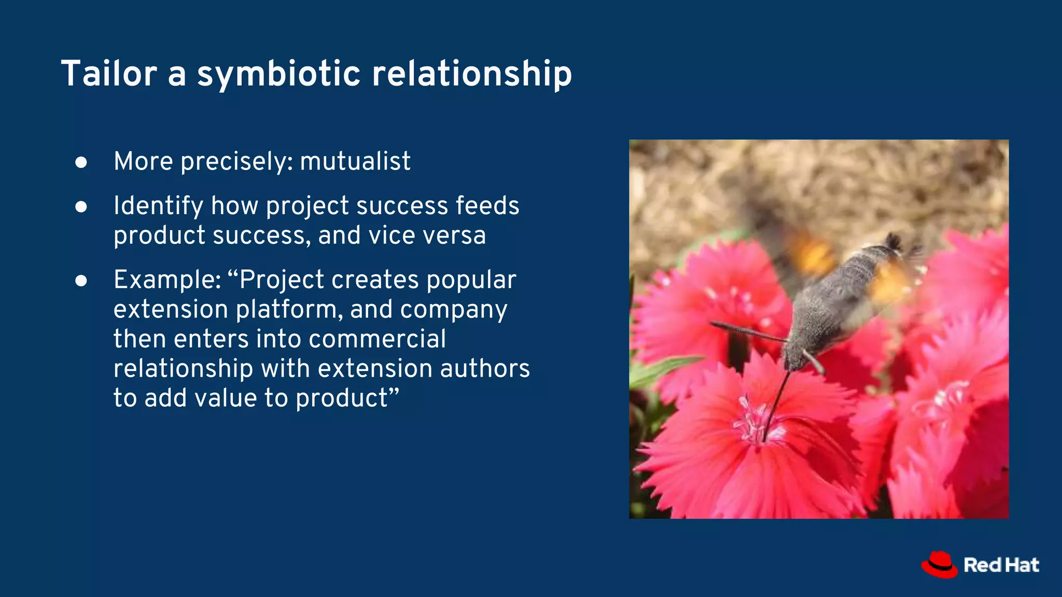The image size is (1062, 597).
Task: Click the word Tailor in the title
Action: [x=109, y=74]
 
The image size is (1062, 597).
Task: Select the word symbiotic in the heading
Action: [x=278, y=74]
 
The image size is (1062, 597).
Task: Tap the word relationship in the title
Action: [x=472, y=74]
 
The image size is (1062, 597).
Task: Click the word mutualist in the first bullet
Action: [x=355, y=161]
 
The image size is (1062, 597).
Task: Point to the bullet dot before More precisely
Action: [x=81, y=163]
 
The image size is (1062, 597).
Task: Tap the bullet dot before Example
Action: [x=81, y=281]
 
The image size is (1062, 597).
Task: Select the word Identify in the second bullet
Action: [x=158, y=206]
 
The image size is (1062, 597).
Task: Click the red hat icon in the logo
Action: [x=939, y=565]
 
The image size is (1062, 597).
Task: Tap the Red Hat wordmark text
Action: [x=1001, y=565]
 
